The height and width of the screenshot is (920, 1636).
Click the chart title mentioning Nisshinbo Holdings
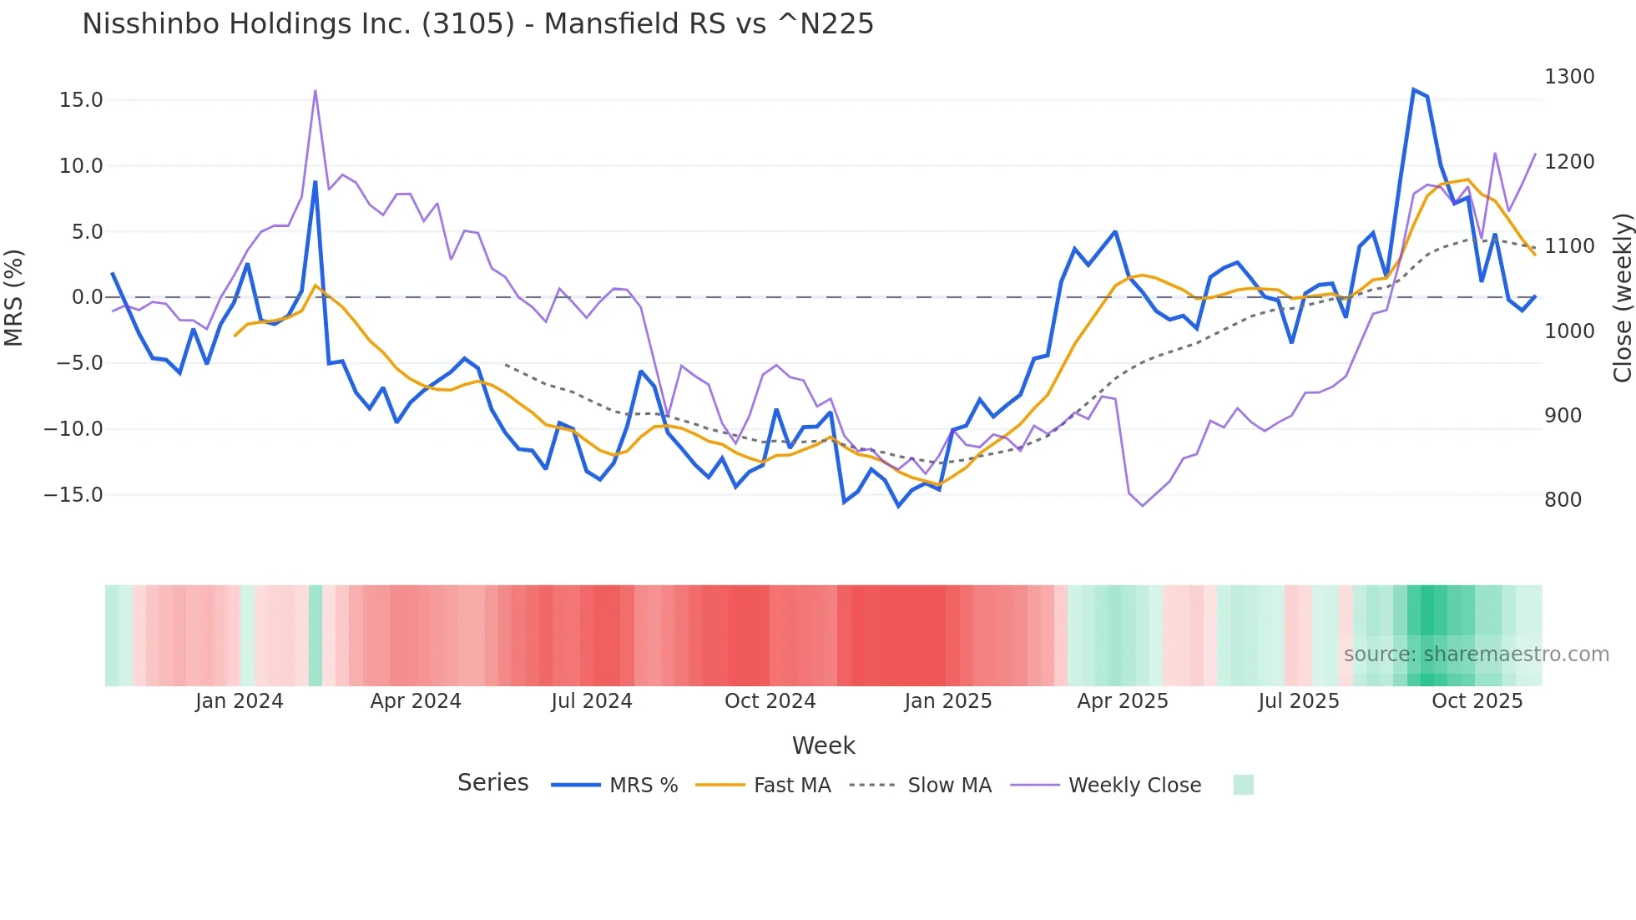pos(477,24)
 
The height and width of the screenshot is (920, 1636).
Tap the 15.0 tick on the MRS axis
pos(81,100)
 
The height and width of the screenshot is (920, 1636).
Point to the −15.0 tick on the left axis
pos(73,495)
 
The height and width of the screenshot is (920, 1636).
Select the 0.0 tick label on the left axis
pos(87,297)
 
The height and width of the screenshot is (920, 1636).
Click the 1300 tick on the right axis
pos(1569,77)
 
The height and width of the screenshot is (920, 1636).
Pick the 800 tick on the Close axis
pos(1563,500)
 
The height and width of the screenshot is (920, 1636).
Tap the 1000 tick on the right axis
pos(1569,331)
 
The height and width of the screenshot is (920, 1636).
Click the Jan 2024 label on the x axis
pos(239,701)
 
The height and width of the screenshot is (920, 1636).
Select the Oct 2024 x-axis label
pos(770,701)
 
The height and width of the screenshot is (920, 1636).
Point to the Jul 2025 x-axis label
pos(1298,701)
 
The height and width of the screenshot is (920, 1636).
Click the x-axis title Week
pos(823,746)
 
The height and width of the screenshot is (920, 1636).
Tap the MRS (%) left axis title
pos(14,297)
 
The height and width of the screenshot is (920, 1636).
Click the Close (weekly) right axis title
pos(1622,297)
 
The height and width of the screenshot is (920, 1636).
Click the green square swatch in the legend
pos(1243,785)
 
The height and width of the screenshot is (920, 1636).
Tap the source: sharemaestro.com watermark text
pos(1476,655)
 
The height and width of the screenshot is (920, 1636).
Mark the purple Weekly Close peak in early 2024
pos(316,90)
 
